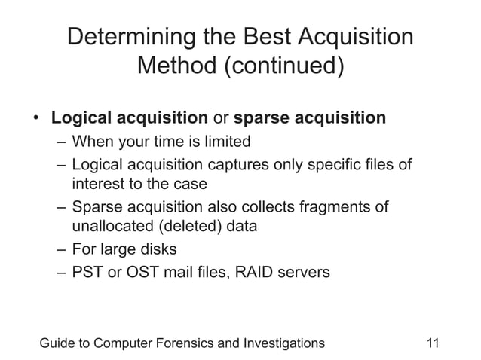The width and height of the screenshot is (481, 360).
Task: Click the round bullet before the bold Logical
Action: [x=35, y=119]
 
